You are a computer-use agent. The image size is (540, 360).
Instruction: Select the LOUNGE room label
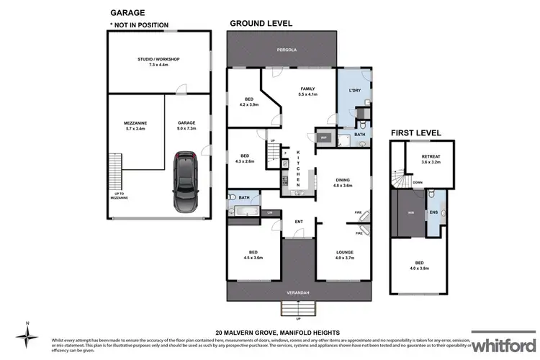[x=346, y=251]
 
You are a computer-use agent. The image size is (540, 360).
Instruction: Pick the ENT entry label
[x=298, y=221]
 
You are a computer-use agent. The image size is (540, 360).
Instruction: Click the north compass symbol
[x=27, y=335]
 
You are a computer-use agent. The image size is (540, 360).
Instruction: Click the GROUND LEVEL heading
[x=261, y=23]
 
